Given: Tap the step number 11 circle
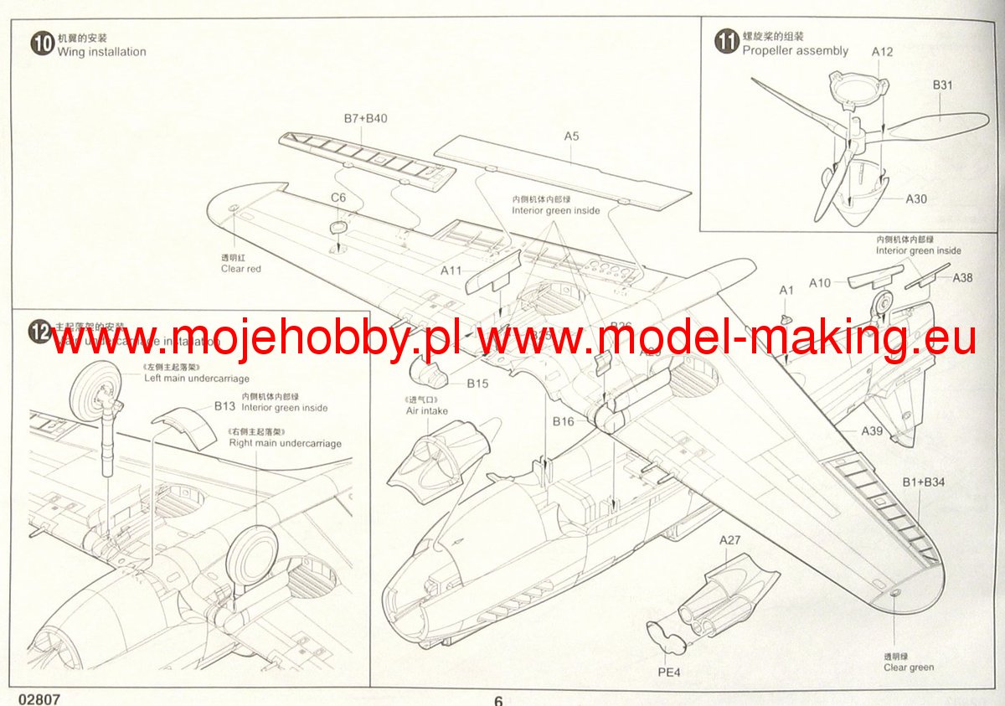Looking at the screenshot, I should [x=726, y=42].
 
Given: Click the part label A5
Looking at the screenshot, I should [x=571, y=136].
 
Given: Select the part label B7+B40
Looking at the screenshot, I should [x=365, y=118].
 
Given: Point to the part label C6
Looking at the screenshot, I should [x=338, y=197].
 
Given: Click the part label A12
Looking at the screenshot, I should [x=882, y=52].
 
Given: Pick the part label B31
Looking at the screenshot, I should [x=943, y=85].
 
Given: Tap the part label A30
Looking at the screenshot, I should [x=916, y=199].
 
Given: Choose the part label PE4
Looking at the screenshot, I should [x=668, y=671].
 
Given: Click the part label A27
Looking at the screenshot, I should [x=730, y=540].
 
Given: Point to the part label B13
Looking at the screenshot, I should [x=224, y=406].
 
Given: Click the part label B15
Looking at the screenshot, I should [x=477, y=384].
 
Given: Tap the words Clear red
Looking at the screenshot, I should [x=241, y=269].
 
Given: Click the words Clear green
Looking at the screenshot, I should [x=909, y=667].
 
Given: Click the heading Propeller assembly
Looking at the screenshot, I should [x=795, y=50].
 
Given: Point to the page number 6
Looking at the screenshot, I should [x=497, y=700].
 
